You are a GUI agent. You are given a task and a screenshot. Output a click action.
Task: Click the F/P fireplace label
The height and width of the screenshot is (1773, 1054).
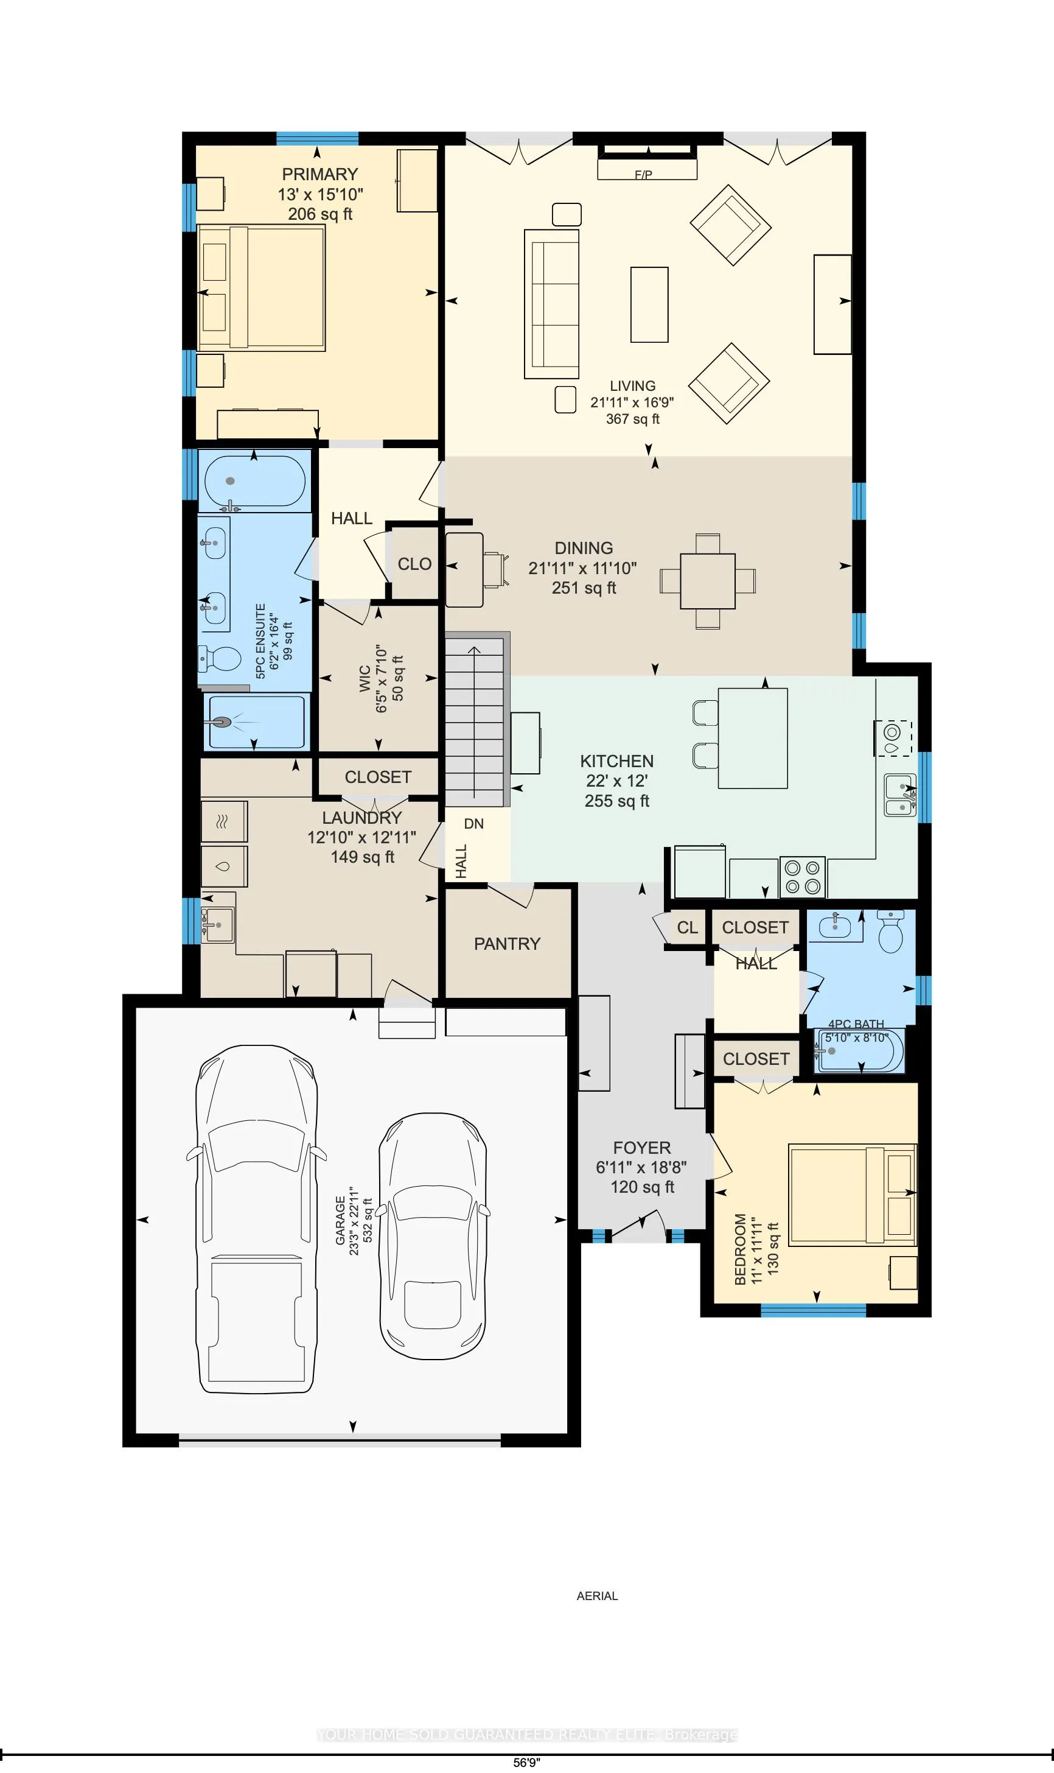tap(643, 174)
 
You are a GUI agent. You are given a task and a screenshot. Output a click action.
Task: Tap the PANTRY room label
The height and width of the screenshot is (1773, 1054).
tap(507, 944)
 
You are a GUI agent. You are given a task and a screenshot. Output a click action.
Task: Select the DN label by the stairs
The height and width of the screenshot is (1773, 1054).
tap(473, 824)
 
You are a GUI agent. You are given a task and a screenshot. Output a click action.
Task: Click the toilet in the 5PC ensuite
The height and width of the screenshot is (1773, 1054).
tap(220, 659)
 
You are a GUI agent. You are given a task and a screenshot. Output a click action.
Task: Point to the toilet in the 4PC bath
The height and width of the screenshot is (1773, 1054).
tap(891, 932)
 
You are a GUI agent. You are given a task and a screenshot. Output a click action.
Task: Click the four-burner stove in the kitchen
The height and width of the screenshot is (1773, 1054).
tap(803, 877)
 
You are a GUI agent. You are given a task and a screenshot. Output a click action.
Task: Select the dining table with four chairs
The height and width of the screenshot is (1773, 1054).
tap(707, 581)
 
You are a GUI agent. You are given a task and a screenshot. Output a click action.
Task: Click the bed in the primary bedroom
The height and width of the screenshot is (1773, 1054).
tap(261, 288)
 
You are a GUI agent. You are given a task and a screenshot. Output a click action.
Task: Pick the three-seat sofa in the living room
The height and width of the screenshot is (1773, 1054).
tap(552, 303)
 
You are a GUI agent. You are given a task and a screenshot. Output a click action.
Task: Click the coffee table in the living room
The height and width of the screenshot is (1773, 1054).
tap(649, 305)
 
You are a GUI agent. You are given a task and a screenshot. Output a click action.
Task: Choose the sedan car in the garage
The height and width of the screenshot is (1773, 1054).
tap(433, 1236)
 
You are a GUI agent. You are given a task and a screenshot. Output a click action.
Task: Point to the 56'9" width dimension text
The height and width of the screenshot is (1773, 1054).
tap(526, 1762)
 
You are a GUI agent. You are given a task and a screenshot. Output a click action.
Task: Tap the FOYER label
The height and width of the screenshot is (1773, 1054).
tap(641, 1148)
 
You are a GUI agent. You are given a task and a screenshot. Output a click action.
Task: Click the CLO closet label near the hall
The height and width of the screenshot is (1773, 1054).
tap(414, 564)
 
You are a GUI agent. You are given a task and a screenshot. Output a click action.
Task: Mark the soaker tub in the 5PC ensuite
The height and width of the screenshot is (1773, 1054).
tap(255, 481)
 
